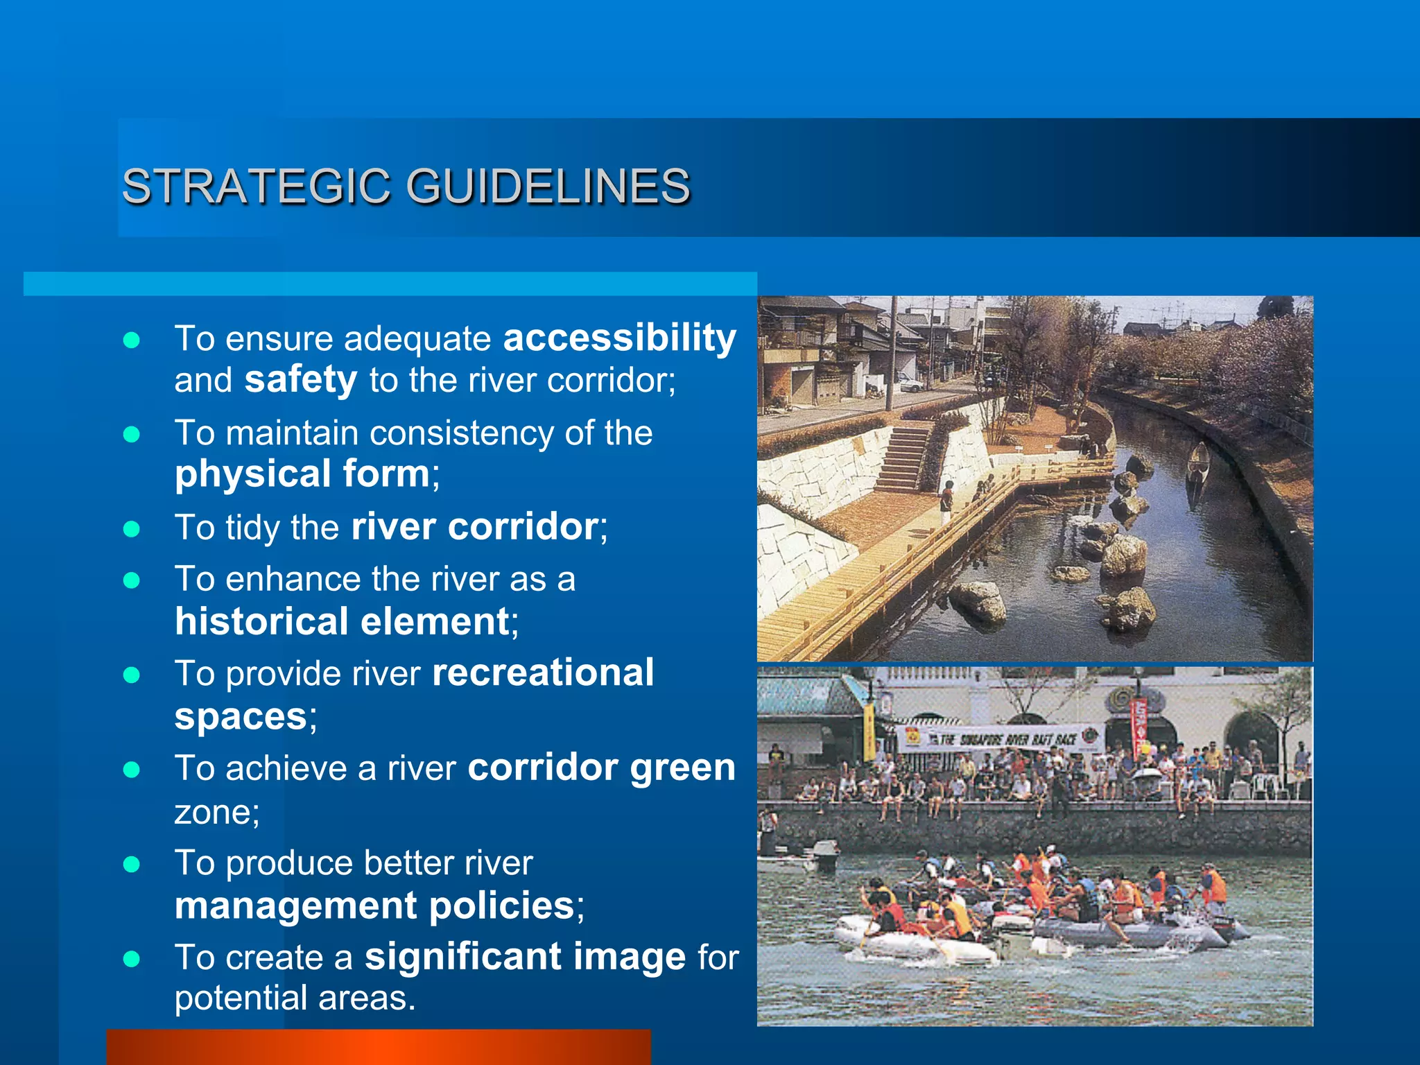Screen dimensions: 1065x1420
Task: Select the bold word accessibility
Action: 619,338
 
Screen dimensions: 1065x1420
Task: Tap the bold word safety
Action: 301,380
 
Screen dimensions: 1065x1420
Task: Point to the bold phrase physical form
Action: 302,474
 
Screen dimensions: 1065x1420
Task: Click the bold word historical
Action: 261,621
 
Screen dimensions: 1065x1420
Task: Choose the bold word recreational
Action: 543,673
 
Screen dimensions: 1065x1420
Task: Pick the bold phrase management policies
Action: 374,906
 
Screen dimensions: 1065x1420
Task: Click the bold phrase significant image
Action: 525,957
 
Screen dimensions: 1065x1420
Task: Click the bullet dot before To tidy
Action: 131,529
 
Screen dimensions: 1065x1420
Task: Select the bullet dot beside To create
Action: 131,959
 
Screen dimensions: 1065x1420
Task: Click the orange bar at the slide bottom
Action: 379,1047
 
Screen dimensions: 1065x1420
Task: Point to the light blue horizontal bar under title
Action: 390,284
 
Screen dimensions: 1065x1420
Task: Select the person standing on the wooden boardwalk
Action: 947,501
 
